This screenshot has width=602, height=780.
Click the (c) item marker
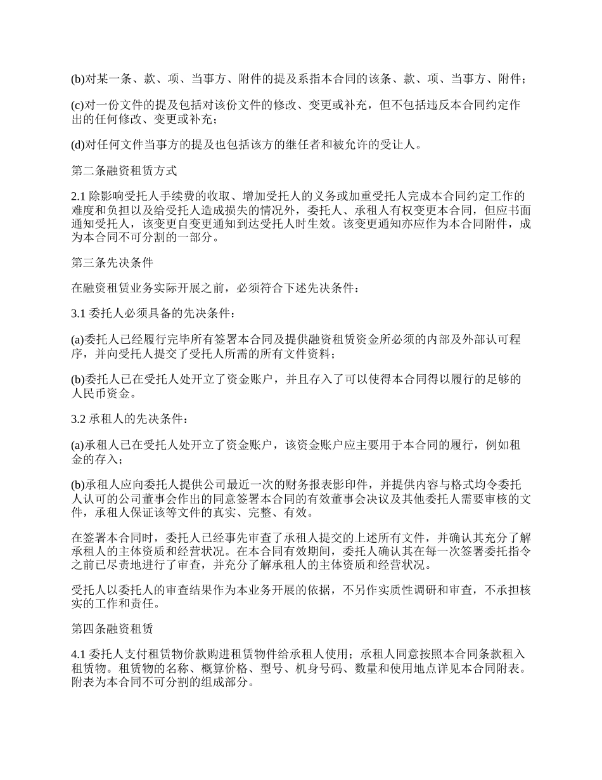(77, 105)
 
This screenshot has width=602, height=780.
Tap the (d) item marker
(77, 145)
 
